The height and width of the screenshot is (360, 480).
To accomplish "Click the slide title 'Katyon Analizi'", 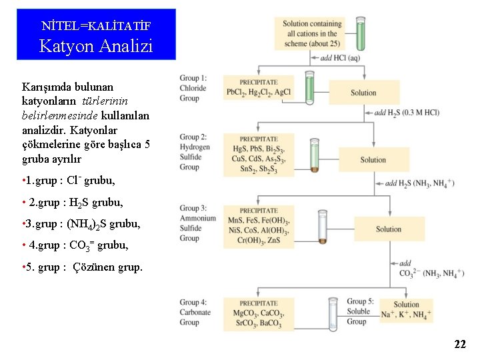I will (96, 46).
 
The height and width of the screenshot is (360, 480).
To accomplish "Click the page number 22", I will (460, 344).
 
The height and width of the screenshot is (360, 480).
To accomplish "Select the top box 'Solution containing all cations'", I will (312, 33).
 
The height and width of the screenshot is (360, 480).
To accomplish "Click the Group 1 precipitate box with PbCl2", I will (259, 87).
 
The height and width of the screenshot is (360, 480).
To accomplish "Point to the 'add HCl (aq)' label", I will (341, 58).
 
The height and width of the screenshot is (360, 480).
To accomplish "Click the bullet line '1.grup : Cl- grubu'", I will (69, 181).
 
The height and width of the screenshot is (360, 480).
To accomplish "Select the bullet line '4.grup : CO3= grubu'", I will (75, 245).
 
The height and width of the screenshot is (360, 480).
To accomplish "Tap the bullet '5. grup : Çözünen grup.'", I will (82, 267).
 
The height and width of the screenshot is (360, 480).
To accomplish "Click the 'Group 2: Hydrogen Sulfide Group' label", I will (195, 152).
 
